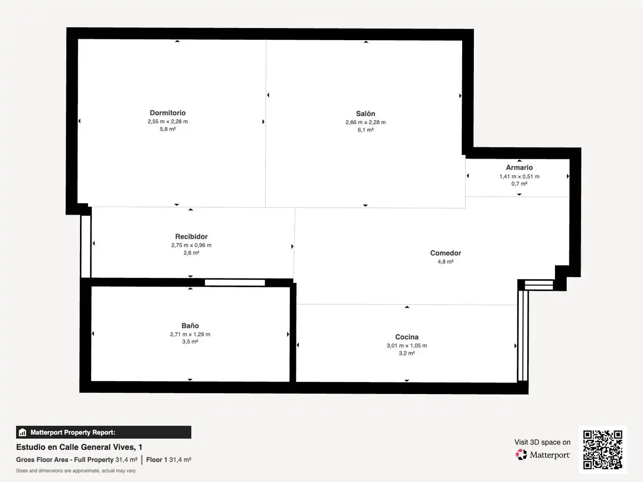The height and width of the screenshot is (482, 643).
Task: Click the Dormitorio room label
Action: point(167,113)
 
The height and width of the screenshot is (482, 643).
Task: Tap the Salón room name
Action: point(365,113)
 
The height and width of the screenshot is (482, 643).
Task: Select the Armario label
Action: point(519,167)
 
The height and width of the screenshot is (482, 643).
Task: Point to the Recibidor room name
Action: point(191,237)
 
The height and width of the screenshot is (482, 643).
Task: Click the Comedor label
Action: point(446,253)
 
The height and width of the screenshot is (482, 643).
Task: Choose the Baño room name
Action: point(190,325)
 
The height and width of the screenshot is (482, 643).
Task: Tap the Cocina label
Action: point(407,337)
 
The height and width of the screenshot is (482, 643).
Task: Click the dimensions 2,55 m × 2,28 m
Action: point(167,121)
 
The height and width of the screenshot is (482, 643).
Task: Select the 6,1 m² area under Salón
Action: point(365,130)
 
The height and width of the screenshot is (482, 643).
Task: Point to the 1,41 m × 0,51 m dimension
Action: point(519,176)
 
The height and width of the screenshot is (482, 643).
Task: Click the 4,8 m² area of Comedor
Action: point(446,262)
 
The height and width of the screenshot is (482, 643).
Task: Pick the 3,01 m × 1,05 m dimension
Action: point(407,345)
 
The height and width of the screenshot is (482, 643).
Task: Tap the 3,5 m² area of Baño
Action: point(190,341)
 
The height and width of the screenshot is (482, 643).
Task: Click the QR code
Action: point(602,450)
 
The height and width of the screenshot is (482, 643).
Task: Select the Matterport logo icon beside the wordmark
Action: point(521,454)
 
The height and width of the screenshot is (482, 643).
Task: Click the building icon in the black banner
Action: point(23,432)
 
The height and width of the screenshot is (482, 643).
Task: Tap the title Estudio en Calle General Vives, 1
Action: point(79,447)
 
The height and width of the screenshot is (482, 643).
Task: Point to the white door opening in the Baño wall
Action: point(234,283)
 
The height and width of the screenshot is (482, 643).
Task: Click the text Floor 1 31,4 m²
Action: point(168,460)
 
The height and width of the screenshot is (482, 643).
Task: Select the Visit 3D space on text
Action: point(542,442)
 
